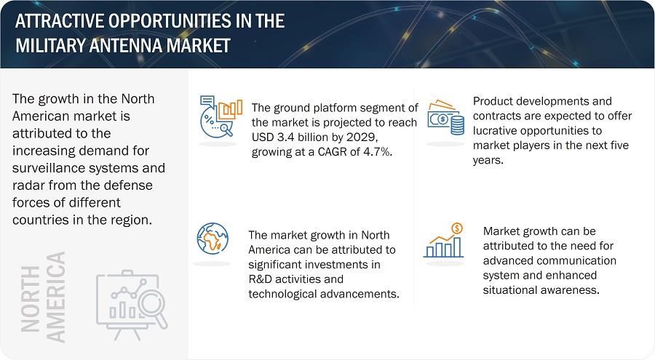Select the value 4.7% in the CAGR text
coord(378,152)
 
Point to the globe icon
coord(213,239)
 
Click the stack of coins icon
coord(458,125)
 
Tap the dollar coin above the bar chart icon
coord(458,228)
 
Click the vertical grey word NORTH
coord(30,299)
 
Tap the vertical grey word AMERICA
coord(55,297)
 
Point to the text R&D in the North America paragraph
coord(260,279)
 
